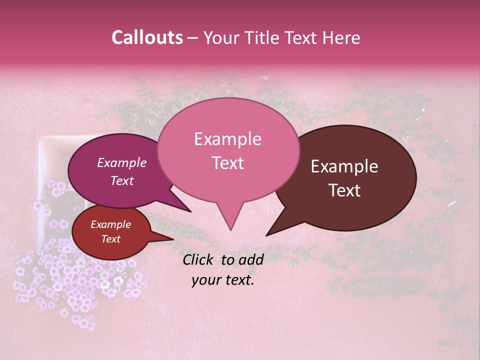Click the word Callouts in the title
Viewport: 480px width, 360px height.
[147, 37]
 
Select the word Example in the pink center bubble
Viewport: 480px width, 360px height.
[227, 139]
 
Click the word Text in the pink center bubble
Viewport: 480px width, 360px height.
[227, 162]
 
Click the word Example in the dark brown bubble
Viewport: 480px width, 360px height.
[344, 166]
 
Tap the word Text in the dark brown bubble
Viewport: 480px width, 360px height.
[344, 190]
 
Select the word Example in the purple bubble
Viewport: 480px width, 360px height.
[121, 162]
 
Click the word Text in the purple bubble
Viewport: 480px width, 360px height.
[121, 180]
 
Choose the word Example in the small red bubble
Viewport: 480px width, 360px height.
[110, 224]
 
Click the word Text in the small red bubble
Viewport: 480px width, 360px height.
[110, 239]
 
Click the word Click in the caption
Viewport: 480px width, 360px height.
[199, 259]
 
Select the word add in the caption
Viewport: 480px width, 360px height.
[251, 259]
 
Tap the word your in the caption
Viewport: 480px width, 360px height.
[205, 280]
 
